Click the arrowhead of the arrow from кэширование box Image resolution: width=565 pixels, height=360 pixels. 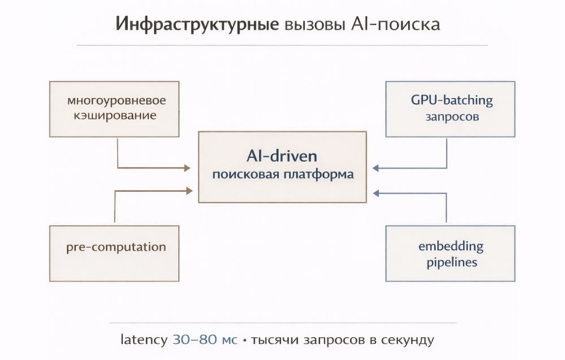[x=189, y=167]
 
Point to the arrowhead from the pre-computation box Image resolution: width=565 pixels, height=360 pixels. [x=189, y=191]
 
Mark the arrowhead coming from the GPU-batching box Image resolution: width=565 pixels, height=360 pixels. [x=375, y=167]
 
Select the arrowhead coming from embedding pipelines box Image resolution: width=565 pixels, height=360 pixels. [x=375, y=193]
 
